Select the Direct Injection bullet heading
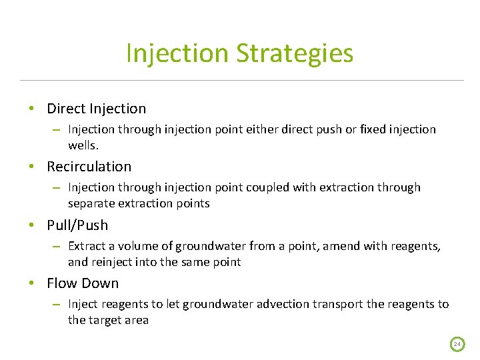96,109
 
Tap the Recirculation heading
89,167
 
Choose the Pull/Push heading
77,225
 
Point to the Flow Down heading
83,283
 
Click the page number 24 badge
457,344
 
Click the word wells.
83,145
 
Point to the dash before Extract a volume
57,246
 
